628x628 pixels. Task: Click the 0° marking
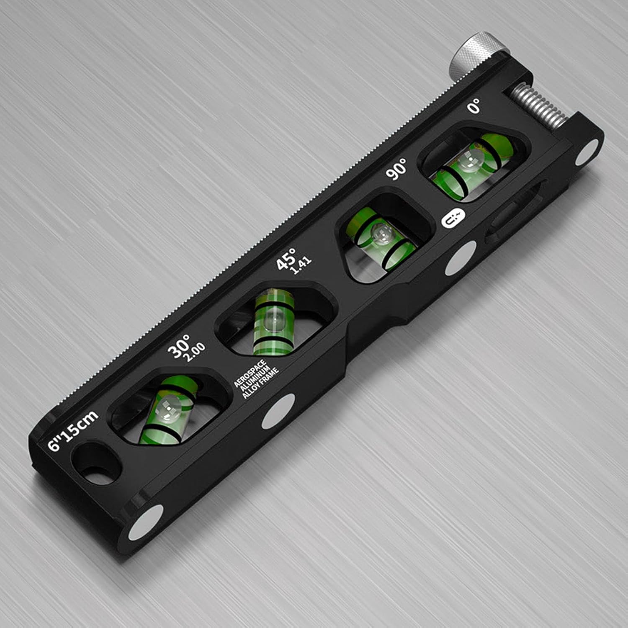[474, 107]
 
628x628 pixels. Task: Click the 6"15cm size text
[73, 430]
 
